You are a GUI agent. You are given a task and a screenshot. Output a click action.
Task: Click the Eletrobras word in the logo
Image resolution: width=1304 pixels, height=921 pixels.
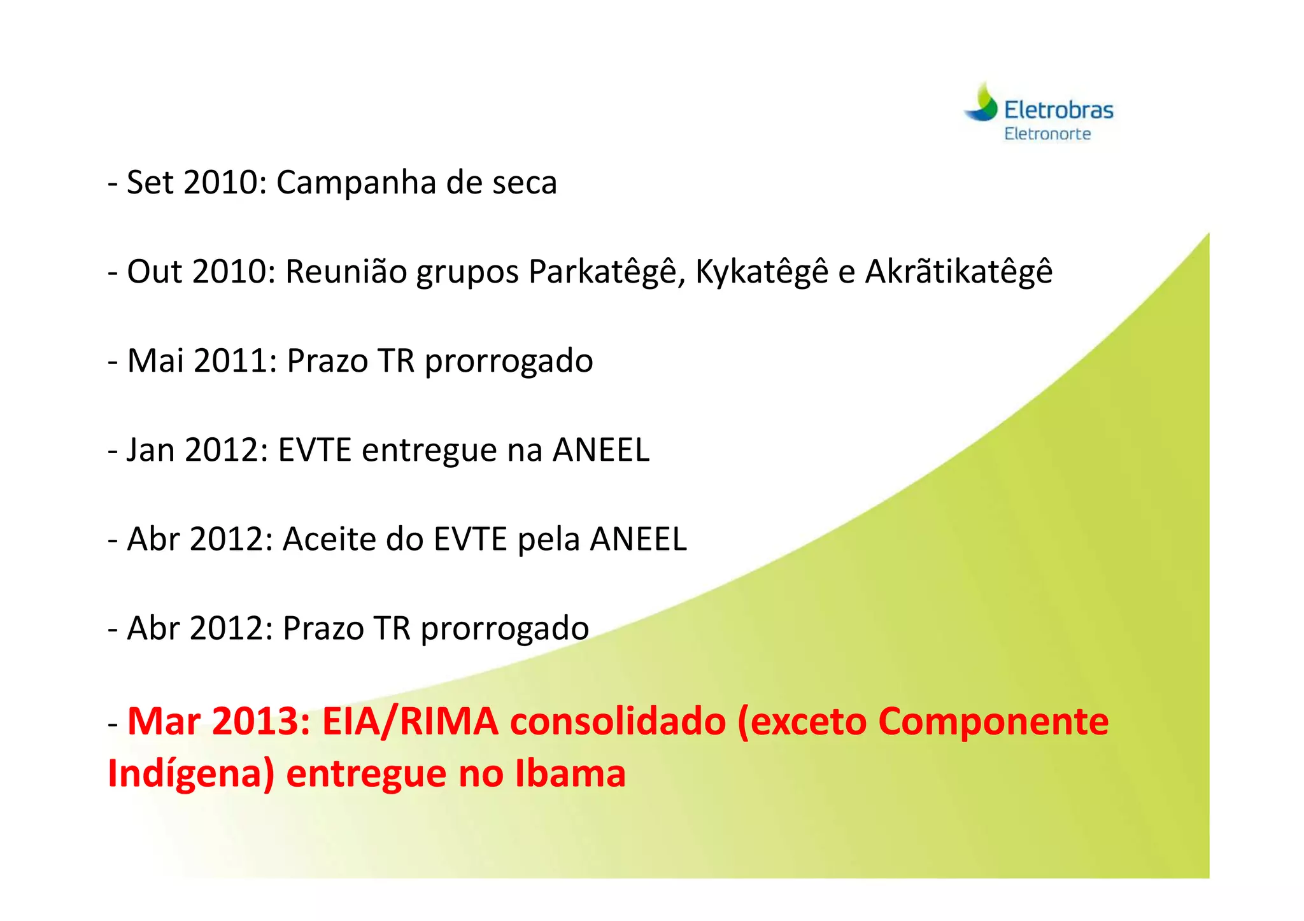(x=1058, y=110)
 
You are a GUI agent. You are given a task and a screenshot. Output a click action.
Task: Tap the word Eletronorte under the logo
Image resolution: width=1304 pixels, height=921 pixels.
(x=1047, y=134)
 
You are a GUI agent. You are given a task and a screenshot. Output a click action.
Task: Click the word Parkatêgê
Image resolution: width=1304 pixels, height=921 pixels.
(x=606, y=272)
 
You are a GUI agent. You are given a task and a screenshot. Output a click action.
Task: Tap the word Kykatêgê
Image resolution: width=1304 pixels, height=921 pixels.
(x=762, y=272)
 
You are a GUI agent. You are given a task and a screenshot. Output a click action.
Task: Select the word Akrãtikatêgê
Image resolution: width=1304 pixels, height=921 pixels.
(x=958, y=272)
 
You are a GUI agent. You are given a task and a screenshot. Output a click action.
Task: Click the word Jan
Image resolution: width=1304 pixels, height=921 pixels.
(x=151, y=450)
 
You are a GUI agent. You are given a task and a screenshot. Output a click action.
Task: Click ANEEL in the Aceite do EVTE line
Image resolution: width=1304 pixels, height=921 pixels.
(x=638, y=539)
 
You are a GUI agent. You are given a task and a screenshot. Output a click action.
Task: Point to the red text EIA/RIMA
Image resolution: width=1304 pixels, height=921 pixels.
(x=410, y=722)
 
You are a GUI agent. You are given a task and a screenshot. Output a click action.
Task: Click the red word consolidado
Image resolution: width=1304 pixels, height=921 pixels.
(x=618, y=722)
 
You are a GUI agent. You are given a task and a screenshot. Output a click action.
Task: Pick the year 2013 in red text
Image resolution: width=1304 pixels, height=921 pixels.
(x=261, y=722)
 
